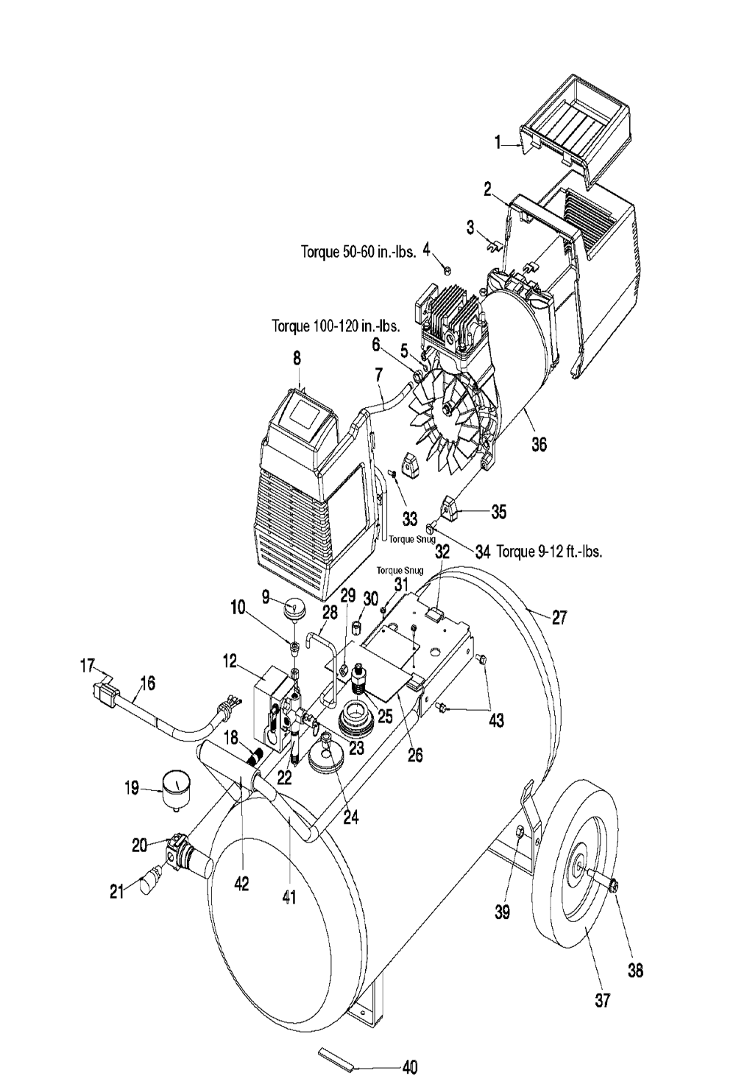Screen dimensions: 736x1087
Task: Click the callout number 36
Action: [x=539, y=443]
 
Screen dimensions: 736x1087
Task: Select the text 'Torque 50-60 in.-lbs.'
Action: [x=358, y=253]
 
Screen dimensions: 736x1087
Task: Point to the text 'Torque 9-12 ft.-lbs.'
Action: [x=550, y=552]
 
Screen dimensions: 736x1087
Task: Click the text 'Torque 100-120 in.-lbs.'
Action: [x=336, y=326]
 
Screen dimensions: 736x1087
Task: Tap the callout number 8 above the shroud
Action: [x=297, y=359]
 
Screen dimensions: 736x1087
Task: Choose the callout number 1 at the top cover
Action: [x=497, y=142]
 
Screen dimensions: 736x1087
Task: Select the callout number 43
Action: [x=495, y=720]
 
